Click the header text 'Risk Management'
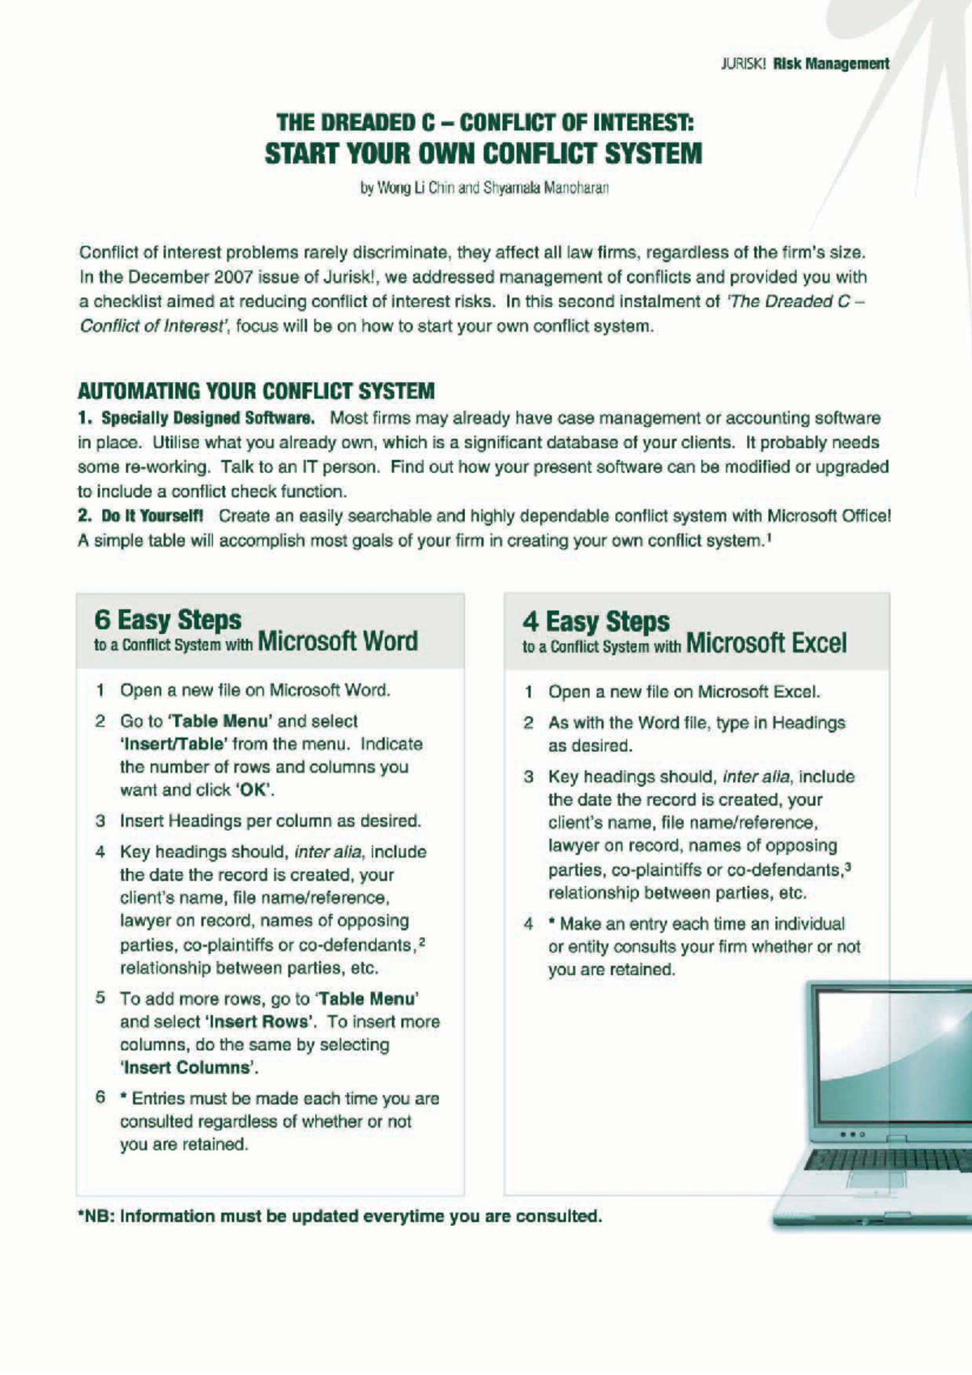(x=830, y=64)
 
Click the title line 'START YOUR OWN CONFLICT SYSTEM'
(x=484, y=153)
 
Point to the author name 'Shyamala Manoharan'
(x=546, y=189)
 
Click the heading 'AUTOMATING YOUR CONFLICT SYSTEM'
(x=256, y=391)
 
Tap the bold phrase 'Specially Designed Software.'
(x=207, y=419)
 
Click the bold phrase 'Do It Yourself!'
(x=152, y=517)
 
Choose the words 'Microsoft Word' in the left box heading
(x=338, y=641)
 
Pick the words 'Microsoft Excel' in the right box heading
(x=765, y=644)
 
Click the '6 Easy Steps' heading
(x=168, y=619)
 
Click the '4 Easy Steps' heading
(x=596, y=621)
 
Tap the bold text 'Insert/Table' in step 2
(x=174, y=744)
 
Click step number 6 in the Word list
(x=100, y=1098)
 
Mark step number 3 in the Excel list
(x=528, y=777)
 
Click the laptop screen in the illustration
(x=891, y=1053)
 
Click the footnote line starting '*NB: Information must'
(x=339, y=1216)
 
